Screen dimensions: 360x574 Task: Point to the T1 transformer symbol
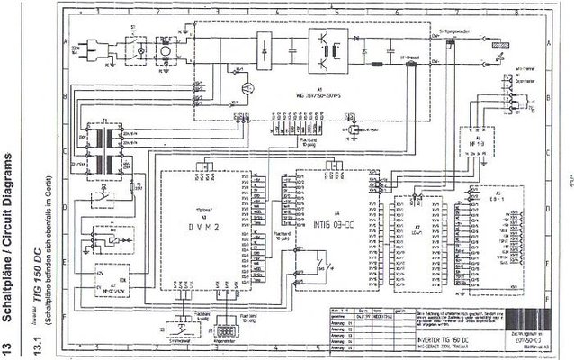pyautogui.click(x=101, y=150)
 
